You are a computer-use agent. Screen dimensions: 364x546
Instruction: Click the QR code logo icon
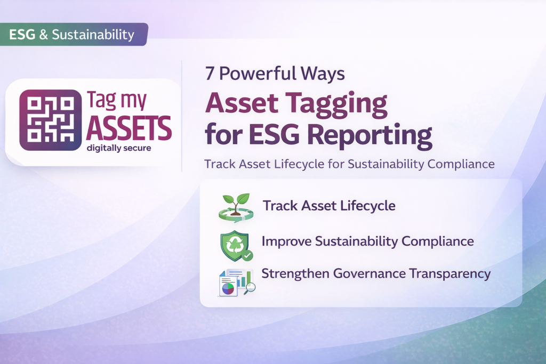51,119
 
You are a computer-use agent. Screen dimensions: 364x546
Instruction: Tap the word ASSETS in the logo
129,128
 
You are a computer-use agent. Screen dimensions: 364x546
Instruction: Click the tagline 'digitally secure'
119,148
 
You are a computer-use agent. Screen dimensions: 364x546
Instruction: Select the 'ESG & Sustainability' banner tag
71,35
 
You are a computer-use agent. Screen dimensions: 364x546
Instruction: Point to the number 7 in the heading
210,74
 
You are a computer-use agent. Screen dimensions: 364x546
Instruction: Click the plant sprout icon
235,207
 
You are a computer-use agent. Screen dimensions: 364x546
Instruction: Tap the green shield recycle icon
235,245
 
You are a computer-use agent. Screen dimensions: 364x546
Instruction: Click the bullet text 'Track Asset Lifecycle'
329,206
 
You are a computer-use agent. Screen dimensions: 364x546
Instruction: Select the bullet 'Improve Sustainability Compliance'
367,241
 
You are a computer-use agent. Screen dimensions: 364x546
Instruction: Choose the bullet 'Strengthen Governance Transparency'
376,274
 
